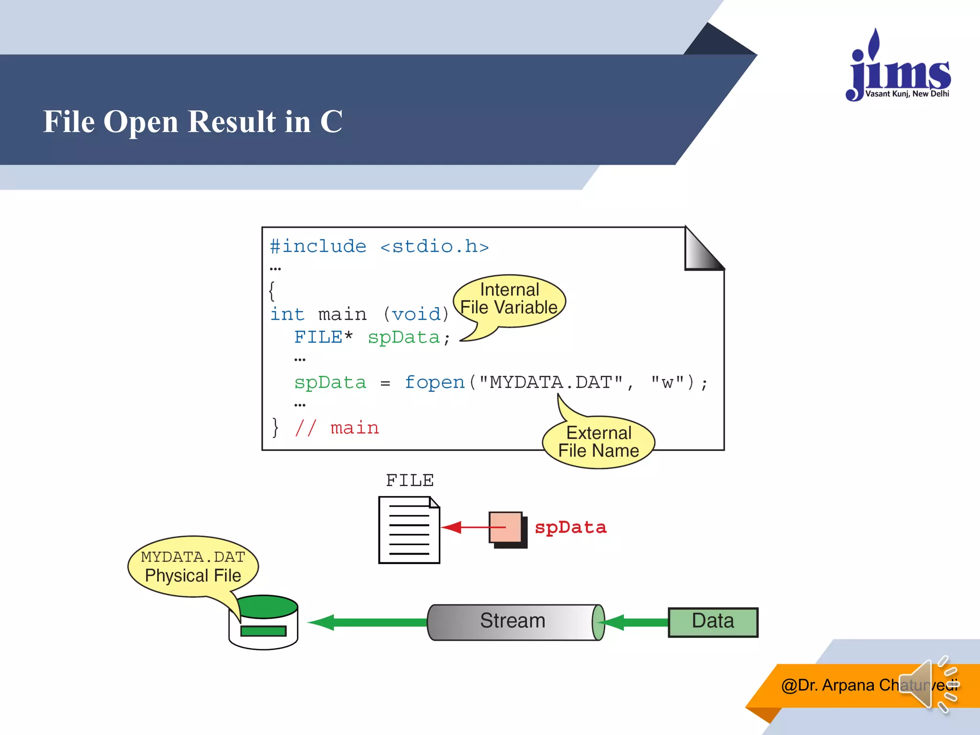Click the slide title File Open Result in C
pos(193,122)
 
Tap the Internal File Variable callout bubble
pos(509,300)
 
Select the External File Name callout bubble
pos(598,442)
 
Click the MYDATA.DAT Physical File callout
pos(193,566)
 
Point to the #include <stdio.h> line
pos(379,246)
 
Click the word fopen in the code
pos(434,382)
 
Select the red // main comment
pos(337,428)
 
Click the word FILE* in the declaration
pos(323,337)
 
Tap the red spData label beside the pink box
pos(570,527)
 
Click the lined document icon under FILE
pos(409,530)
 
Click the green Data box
pos(713,622)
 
